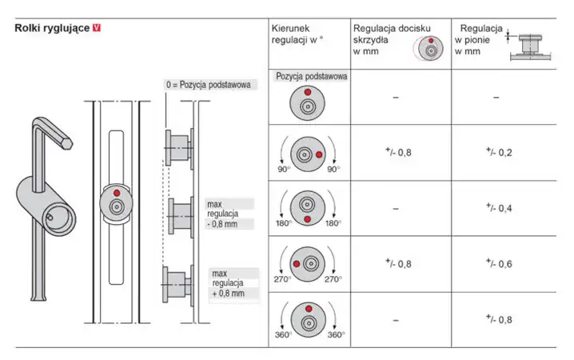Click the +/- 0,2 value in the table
pyautogui.click(x=500, y=150)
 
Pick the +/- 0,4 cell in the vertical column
pyautogui.click(x=500, y=207)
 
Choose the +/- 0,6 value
pyautogui.click(x=500, y=263)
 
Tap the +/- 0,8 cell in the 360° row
pyautogui.click(x=500, y=320)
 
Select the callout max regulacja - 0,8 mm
pyautogui.click(x=225, y=214)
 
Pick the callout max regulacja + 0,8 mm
pyautogui.click(x=231, y=283)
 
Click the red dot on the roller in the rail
pyautogui.click(x=117, y=194)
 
